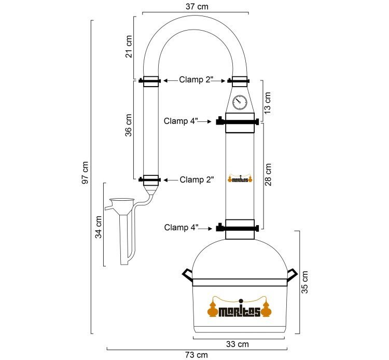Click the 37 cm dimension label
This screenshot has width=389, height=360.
(x=197, y=6)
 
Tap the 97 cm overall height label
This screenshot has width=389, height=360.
(x=85, y=173)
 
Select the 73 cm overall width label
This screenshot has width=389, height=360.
(x=197, y=355)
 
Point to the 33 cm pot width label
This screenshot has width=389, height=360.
(x=238, y=344)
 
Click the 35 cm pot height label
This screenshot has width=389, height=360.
(x=304, y=282)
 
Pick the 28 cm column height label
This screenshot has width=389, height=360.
(x=268, y=175)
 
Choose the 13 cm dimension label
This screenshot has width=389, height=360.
(x=268, y=103)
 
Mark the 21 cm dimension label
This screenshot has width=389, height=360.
(x=129, y=47)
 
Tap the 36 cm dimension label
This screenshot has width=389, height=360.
(x=129, y=126)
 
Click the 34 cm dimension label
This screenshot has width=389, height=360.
(x=99, y=227)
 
